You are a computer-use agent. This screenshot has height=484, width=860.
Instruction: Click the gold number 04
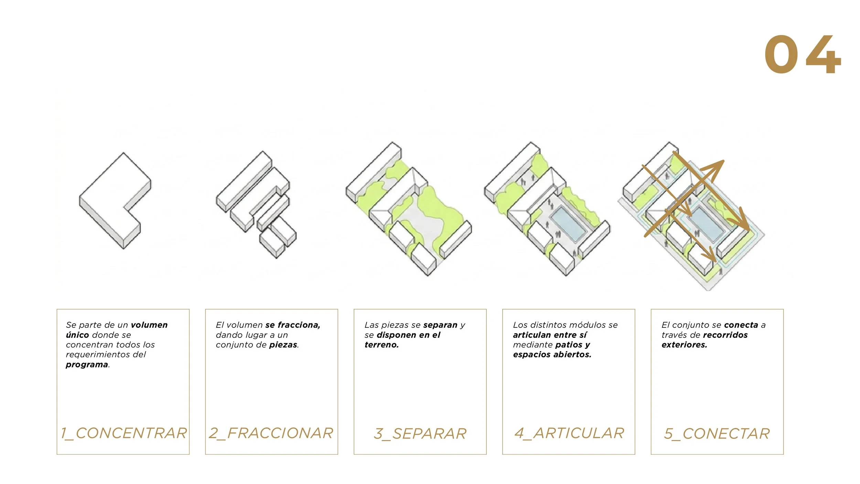(x=803, y=54)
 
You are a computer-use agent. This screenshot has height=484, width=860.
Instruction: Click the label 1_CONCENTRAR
(x=124, y=433)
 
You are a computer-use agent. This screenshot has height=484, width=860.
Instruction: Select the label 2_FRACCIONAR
(x=271, y=433)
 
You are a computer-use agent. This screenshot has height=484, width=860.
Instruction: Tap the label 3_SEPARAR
(x=420, y=434)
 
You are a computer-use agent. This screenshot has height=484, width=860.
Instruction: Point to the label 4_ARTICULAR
(x=569, y=433)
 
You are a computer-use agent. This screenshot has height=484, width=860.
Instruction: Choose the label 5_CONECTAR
(x=717, y=434)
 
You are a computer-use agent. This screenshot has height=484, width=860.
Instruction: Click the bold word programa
(x=87, y=365)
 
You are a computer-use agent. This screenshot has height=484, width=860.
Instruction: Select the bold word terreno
(x=381, y=345)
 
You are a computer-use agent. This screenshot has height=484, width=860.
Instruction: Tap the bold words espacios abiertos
(x=552, y=355)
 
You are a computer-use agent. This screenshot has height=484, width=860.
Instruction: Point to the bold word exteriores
(x=684, y=345)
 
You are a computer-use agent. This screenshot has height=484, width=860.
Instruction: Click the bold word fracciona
(x=299, y=325)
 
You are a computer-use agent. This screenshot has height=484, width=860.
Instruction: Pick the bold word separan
(x=440, y=325)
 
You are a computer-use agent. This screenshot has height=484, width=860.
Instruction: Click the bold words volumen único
(x=117, y=330)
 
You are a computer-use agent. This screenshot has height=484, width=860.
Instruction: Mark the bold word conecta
(x=741, y=325)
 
